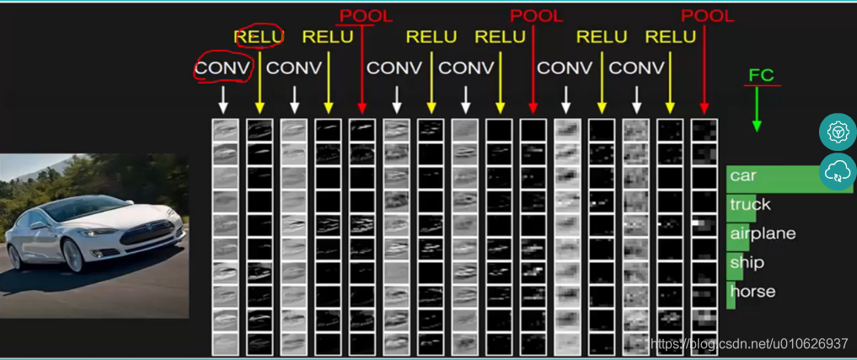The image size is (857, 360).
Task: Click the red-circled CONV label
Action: [x=223, y=67]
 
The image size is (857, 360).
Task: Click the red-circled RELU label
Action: [x=259, y=36]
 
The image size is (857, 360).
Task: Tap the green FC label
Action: [x=761, y=75]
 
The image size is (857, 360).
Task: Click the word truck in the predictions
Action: [x=750, y=204]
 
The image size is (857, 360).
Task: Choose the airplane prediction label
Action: [x=763, y=234]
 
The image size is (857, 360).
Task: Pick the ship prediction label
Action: [x=747, y=262]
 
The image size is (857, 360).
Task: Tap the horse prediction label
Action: [x=752, y=291]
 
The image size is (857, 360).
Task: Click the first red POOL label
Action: [x=366, y=15]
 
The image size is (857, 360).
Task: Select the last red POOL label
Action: [x=708, y=15]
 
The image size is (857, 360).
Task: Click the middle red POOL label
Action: [x=537, y=15]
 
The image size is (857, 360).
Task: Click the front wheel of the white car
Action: [x=74, y=255]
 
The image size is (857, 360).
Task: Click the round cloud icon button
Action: [x=838, y=171]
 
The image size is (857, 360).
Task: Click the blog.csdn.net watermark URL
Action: [x=750, y=343]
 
